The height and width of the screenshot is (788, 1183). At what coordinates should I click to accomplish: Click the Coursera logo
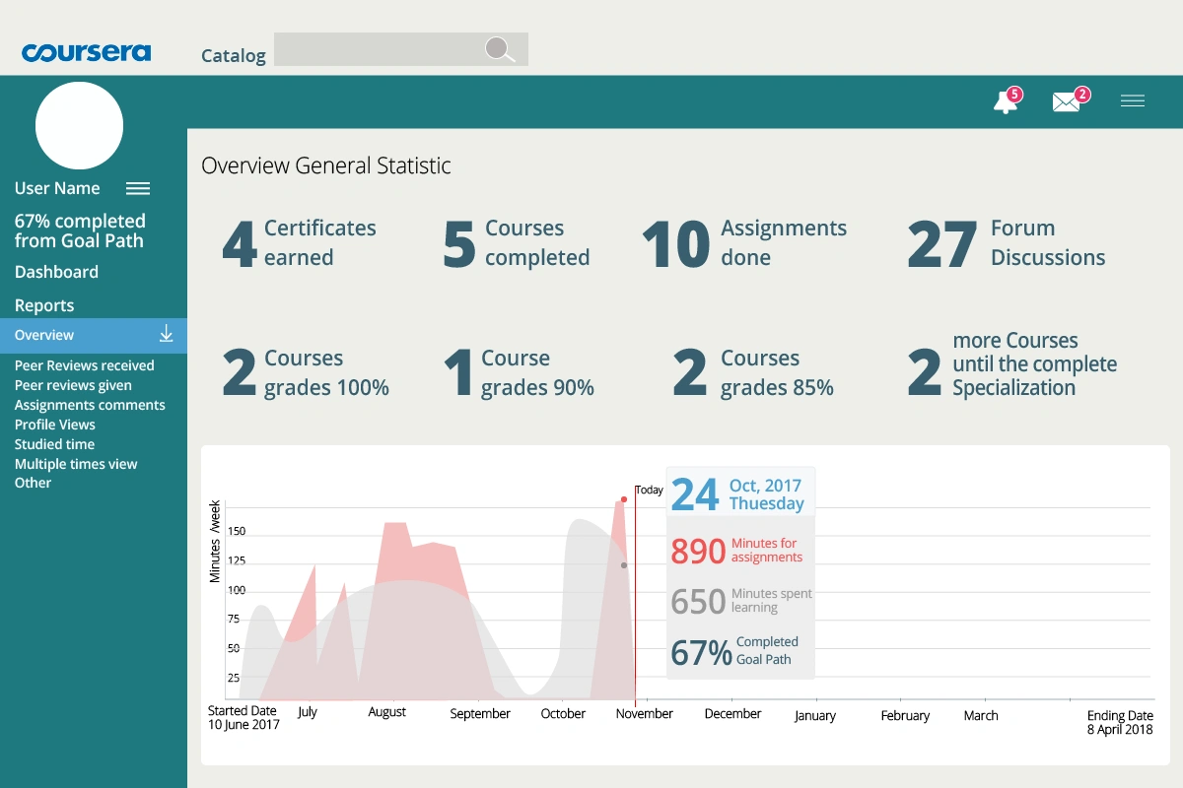[86, 52]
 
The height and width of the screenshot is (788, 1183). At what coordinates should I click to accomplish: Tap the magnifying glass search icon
[500, 49]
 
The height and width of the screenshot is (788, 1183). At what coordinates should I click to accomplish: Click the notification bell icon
[1006, 100]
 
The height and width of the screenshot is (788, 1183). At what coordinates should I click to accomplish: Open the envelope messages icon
[1066, 101]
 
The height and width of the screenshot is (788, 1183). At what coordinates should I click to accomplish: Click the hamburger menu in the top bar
[1133, 100]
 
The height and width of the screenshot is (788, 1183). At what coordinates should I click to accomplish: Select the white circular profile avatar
[79, 126]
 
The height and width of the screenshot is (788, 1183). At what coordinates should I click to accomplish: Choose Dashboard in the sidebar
[56, 272]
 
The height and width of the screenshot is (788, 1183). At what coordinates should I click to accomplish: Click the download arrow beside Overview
[167, 334]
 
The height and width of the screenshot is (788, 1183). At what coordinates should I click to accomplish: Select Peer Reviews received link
[84, 365]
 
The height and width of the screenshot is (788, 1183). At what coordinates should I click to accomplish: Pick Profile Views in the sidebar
[55, 425]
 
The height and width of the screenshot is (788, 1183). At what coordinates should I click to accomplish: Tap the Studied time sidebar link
[54, 444]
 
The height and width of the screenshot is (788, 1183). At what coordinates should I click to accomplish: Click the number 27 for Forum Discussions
[942, 244]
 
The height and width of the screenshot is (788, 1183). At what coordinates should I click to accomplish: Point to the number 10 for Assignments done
[675, 244]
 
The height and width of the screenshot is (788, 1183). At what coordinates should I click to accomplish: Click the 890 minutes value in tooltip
[698, 552]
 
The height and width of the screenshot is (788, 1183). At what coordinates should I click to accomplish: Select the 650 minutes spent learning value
[698, 601]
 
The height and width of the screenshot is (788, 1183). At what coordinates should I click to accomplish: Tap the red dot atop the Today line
[624, 499]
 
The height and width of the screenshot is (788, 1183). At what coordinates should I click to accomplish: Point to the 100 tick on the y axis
[237, 590]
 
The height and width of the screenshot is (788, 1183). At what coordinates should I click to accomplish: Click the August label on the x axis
[387, 712]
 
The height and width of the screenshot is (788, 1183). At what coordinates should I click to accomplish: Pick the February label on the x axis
[905, 716]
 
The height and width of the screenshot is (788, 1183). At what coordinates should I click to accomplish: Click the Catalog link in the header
[234, 55]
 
